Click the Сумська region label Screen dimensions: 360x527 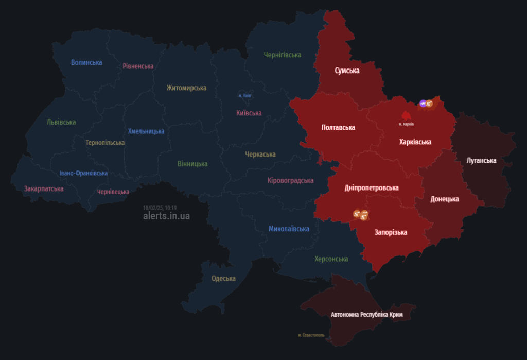click(x=347, y=71)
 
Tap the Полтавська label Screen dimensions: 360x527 click(x=338, y=127)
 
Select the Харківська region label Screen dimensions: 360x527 click(x=415, y=142)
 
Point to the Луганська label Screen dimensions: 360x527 click(x=481, y=160)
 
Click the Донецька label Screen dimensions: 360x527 click(x=444, y=199)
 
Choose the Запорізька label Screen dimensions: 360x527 click(x=391, y=232)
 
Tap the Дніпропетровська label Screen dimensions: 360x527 click(x=372, y=188)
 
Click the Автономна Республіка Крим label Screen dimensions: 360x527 click(x=366, y=314)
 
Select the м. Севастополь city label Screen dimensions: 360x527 click(x=311, y=335)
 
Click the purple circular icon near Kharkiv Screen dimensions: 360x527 click(x=423, y=104)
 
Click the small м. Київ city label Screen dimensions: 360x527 click(x=244, y=96)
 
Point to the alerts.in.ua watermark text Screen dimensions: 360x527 click(x=166, y=216)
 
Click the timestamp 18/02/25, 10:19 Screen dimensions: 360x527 click(x=160, y=208)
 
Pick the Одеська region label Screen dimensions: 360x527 click(x=223, y=279)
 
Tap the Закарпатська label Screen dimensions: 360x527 click(x=44, y=188)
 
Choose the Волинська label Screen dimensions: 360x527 click(x=86, y=62)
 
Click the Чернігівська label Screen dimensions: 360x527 click(x=283, y=55)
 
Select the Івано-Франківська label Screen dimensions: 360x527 click(x=83, y=173)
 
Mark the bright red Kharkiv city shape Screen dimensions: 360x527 click(x=408, y=116)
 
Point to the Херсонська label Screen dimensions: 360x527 click(x=331, y=259)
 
